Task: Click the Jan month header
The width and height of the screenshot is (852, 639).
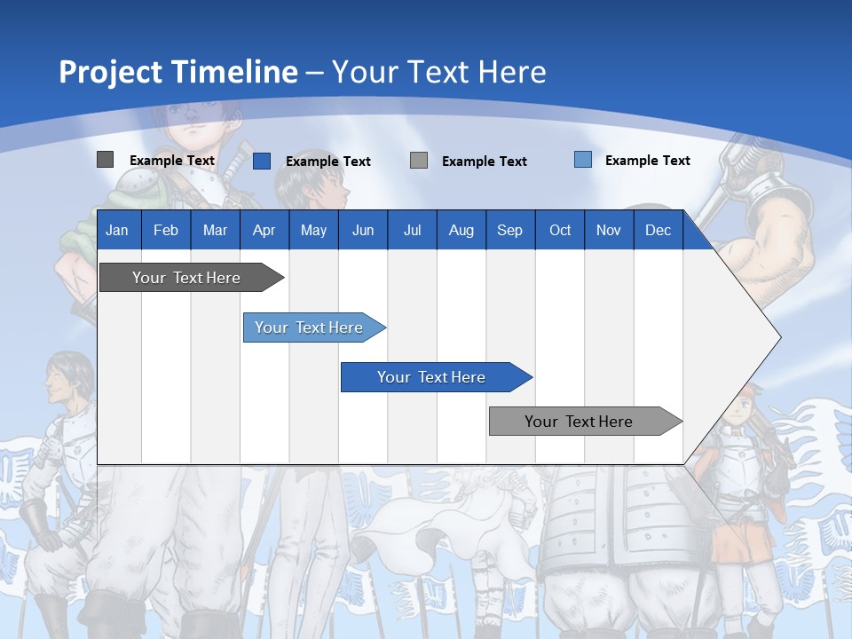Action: pos(117,230)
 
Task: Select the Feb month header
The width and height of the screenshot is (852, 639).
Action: pos(166,230)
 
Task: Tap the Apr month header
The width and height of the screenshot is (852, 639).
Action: pos(264,230)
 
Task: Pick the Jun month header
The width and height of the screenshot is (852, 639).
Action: pos(363,230)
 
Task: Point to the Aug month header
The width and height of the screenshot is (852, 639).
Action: pos(461,230)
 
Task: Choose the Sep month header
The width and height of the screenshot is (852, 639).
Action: pos(509,230)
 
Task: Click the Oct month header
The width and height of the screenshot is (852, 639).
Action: pos(560,230)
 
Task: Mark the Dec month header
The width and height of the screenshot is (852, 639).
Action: pos(659,230)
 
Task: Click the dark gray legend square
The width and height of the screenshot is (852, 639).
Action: pos(106,160)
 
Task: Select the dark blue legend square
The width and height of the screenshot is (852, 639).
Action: pos(262,161)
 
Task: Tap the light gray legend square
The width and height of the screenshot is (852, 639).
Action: pos(419,160)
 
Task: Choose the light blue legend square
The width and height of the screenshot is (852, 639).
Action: pos(583,160)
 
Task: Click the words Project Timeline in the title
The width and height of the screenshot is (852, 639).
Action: pos(178,72)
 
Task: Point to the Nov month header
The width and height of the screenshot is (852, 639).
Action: pos(609,230)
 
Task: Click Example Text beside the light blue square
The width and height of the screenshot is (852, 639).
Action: pos(647,161)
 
